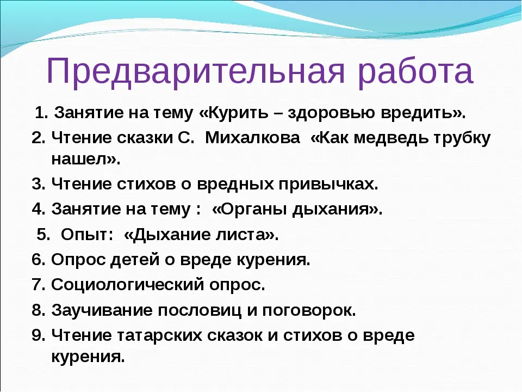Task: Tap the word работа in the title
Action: [416, 71]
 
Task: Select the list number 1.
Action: [41, 113]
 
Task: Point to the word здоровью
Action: [331, 113]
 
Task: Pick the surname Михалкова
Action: [252, 138]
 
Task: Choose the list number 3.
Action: [38, 183]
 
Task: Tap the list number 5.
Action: [43, 234]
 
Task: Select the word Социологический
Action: [127, 285]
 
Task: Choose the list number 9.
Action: [38, 335]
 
